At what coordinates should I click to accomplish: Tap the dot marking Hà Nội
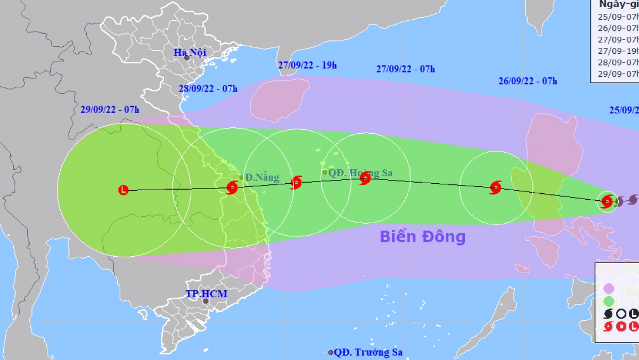point(187,57)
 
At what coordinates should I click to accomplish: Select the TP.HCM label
point(207,294)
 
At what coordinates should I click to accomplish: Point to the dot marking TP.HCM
point(206,301)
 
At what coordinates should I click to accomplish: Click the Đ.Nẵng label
point(263,178)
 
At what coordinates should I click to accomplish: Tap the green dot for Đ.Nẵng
point(242,178)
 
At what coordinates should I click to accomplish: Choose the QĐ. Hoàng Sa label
point(362,173)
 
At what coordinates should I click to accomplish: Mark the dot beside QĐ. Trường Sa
point(331,353)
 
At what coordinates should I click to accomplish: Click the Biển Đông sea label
point(423,236)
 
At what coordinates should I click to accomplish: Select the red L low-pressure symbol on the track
point(124,190)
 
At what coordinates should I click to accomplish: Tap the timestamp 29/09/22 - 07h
point(110,110)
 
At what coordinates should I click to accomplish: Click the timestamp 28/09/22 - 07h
point(208,88)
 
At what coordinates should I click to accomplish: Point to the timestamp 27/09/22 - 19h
point(307,65)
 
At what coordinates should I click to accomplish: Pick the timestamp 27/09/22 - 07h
point(406,69)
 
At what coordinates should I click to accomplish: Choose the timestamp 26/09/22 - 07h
point(528,81)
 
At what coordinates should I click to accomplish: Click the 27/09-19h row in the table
point(618,51)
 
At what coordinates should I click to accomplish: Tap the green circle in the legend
point(609,301)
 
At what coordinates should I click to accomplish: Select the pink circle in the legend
point(609,288)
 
